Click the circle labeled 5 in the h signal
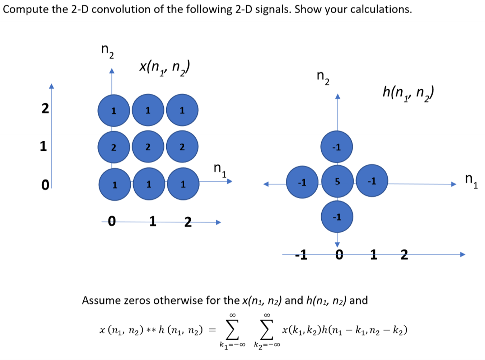[x=337, y=183]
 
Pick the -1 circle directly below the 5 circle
[x=337, y=217]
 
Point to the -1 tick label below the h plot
[x=301, y=255]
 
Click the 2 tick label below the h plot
[x=404, y=255]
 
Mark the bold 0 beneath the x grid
[x=113, y=221]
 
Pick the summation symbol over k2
[x=267, y=331]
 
